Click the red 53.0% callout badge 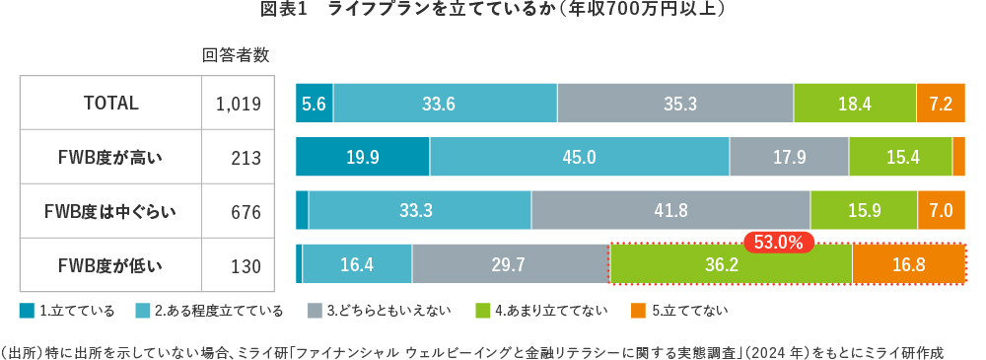[x=779, y=241]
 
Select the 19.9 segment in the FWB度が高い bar [x=362, y=157]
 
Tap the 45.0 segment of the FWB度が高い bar [x=579, y=157]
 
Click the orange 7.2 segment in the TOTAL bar [x=940, y=103]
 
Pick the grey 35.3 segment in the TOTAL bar [x=674, y=103]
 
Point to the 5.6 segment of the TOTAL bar [x=314, y=103]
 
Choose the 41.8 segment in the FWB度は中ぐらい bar [x=670, y=210]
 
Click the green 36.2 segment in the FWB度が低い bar [x=731, y=265]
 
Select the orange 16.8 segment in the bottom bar [x=908, y=265]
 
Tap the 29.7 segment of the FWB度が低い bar [x=510, y=265]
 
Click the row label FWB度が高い [x=110, y=157]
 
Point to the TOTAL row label [x=110, y=103]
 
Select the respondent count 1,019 [x=237, y=104]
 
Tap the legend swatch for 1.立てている [x=28, y=311]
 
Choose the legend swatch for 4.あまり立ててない [x=483, y=311]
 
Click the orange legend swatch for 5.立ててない [x=639, y=311]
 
